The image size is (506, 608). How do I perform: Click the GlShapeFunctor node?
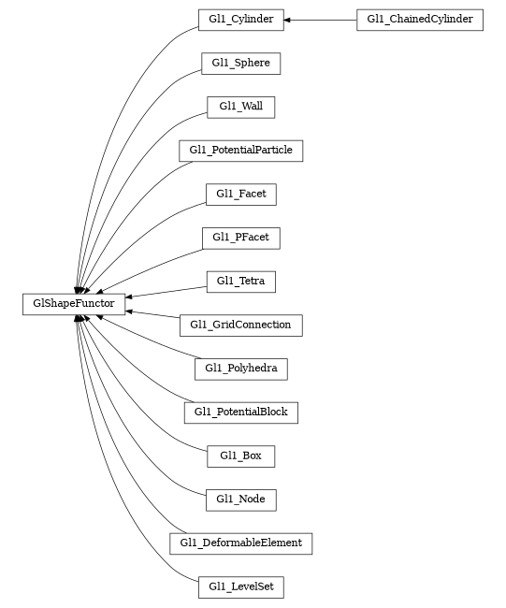74,303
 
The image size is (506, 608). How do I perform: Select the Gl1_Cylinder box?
240,20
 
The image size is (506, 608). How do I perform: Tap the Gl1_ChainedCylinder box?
419,20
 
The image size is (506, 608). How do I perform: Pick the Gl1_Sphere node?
240,64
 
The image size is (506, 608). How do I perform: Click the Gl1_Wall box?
240,107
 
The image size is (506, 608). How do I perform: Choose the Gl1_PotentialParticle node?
240,150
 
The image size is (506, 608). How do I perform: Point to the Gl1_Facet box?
240,194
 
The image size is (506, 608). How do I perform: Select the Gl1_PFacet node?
240,238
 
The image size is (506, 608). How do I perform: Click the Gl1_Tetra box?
240,281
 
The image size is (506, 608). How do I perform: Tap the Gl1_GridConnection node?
240,325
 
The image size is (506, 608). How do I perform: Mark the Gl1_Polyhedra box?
240,369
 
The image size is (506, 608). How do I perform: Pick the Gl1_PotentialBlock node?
240,412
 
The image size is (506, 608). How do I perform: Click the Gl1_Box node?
240,456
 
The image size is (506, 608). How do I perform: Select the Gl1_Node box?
240,499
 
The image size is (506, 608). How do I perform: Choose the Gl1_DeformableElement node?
240,543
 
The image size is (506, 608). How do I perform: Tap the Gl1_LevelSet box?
240,586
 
